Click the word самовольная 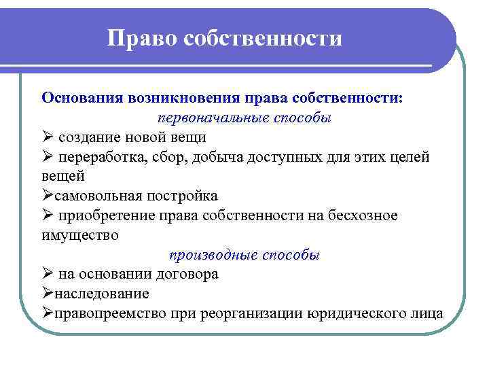[98, 196]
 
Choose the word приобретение [101, 215]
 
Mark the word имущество [79, 235]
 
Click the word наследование [101, 294]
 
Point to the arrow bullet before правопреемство [47, 313]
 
